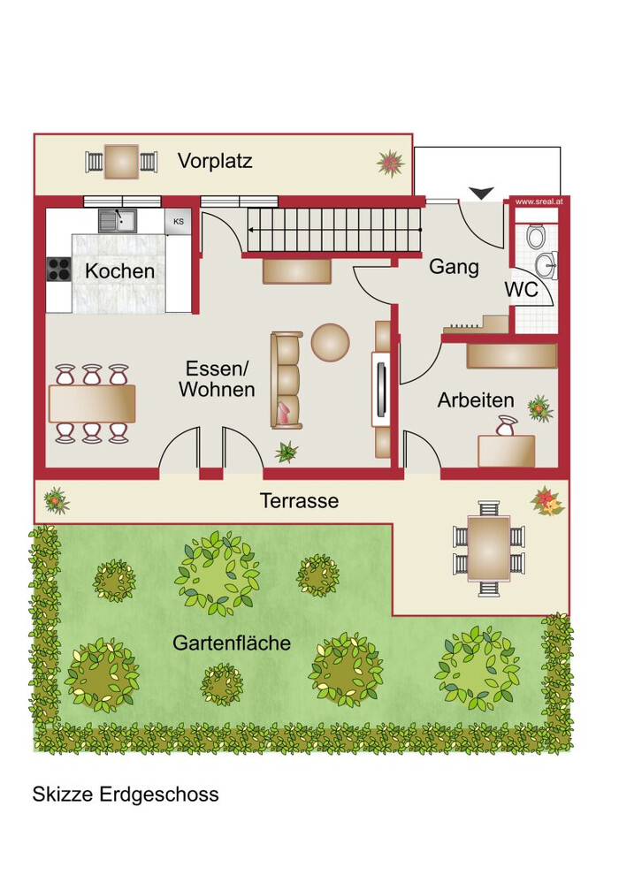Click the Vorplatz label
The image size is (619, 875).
click(215, 161)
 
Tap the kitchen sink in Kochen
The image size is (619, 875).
click(118, 221)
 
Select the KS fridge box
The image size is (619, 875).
click(178, 222)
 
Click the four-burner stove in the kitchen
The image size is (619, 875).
click(58, 270)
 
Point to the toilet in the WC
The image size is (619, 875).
click(536, 236)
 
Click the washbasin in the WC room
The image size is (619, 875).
click(546, 265)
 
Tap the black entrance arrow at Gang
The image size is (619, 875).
click(481, 194)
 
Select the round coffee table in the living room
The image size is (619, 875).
click(331, 342)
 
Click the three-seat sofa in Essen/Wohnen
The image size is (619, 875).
click(287, 380)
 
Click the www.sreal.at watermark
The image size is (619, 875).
click(539, 202)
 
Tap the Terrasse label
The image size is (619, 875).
click(299, 500)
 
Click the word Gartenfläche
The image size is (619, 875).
click(232, 643)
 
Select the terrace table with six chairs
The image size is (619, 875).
click(488, 549)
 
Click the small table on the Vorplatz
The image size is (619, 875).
click(121, 162)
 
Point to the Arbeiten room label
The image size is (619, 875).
click(476, 400)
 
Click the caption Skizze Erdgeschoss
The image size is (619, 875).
click(126, 794)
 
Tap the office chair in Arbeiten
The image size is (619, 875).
click(506, 425)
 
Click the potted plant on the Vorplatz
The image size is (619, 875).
click(390, 163)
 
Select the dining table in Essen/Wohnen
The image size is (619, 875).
click(92, 403)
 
